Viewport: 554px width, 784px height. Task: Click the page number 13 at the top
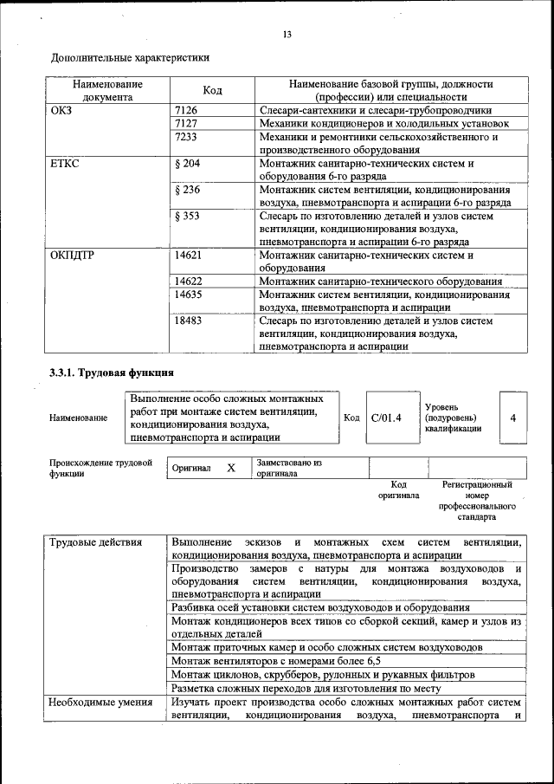point(287,35)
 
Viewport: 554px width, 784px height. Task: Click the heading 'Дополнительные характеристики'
point(131,58)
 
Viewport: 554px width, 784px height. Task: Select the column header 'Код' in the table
point(212,91)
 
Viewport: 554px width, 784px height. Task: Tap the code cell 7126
point(186,111)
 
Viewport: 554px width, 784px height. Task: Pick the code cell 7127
point(186,124)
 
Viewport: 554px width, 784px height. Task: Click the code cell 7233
point(186,137)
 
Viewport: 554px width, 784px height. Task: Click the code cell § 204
point(188,163)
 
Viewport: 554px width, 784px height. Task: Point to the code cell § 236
point(188,190)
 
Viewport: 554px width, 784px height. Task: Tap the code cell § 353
point(188,216)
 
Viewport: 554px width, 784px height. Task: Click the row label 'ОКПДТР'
point(74,256)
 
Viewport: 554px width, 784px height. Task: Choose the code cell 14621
point(189,256)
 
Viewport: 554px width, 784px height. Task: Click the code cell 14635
point(189,295)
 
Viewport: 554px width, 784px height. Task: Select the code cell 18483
point(189,321)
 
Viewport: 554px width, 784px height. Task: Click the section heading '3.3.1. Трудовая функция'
point(113,373)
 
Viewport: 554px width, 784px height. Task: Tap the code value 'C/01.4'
point(386,418)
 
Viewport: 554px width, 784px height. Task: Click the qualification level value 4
point(513,418)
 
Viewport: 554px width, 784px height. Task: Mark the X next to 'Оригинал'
point(231,468)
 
